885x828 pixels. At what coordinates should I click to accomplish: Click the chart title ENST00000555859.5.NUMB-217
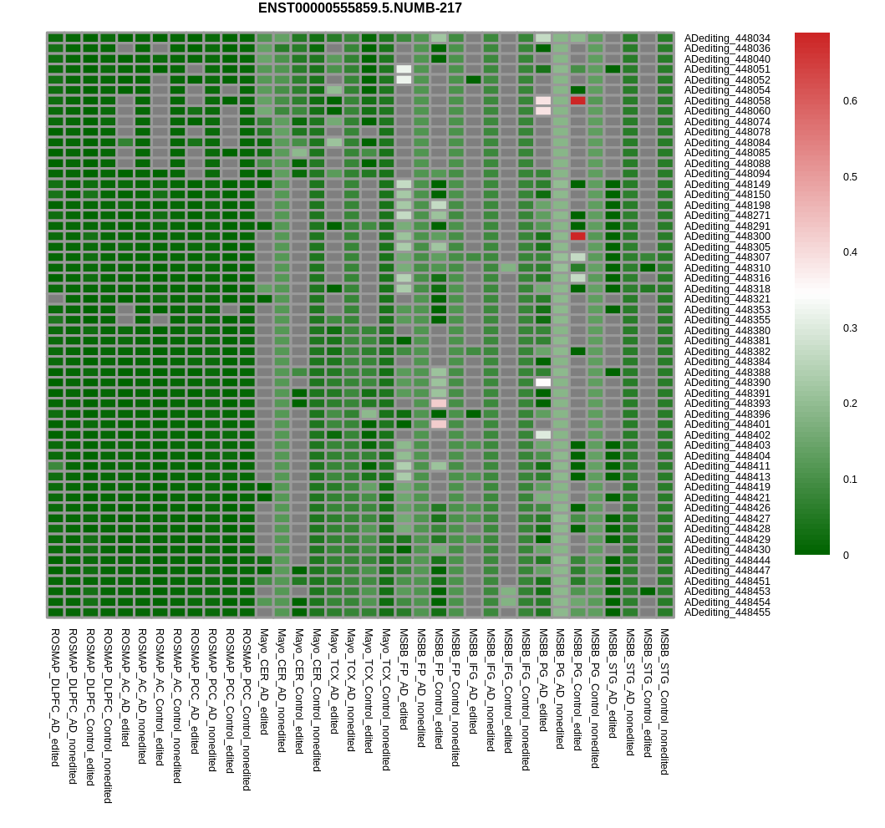[x=359, y=8]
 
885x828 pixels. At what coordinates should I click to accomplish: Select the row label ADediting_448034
[x=727, y=38]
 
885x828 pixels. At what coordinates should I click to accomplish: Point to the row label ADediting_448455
[x=727, y=612]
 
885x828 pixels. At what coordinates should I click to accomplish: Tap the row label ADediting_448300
[x=727, y=236]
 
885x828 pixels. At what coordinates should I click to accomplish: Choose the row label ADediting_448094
[x=727, y=174]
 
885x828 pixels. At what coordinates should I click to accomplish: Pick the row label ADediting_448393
[x=727, y=404]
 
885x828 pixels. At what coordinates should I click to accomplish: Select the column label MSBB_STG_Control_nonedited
[x=665, y=702]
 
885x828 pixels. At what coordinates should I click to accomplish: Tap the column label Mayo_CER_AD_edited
[x=264, y=682]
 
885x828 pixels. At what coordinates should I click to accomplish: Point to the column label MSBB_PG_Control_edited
[x=577, y=689]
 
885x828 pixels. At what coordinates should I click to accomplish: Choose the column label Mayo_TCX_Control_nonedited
[x=386, y=699]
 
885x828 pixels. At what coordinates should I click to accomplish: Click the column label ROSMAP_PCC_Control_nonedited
[x=247, y=709]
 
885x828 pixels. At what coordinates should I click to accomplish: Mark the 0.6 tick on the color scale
[x=850, y=101]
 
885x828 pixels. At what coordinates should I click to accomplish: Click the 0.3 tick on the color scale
[x=850, y=328]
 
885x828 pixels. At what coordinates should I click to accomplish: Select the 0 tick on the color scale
[x=846, y=555]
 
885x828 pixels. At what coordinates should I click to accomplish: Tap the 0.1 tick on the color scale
[x=850, y=480]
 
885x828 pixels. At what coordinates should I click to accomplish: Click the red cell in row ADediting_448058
[x=577, y=100]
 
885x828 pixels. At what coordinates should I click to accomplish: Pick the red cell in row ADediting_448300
[x=577, y=236]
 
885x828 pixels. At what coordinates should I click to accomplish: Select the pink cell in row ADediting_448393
[x=439, y=404]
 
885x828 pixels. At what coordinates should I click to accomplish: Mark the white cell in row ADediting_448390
[x=543, y=383]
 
